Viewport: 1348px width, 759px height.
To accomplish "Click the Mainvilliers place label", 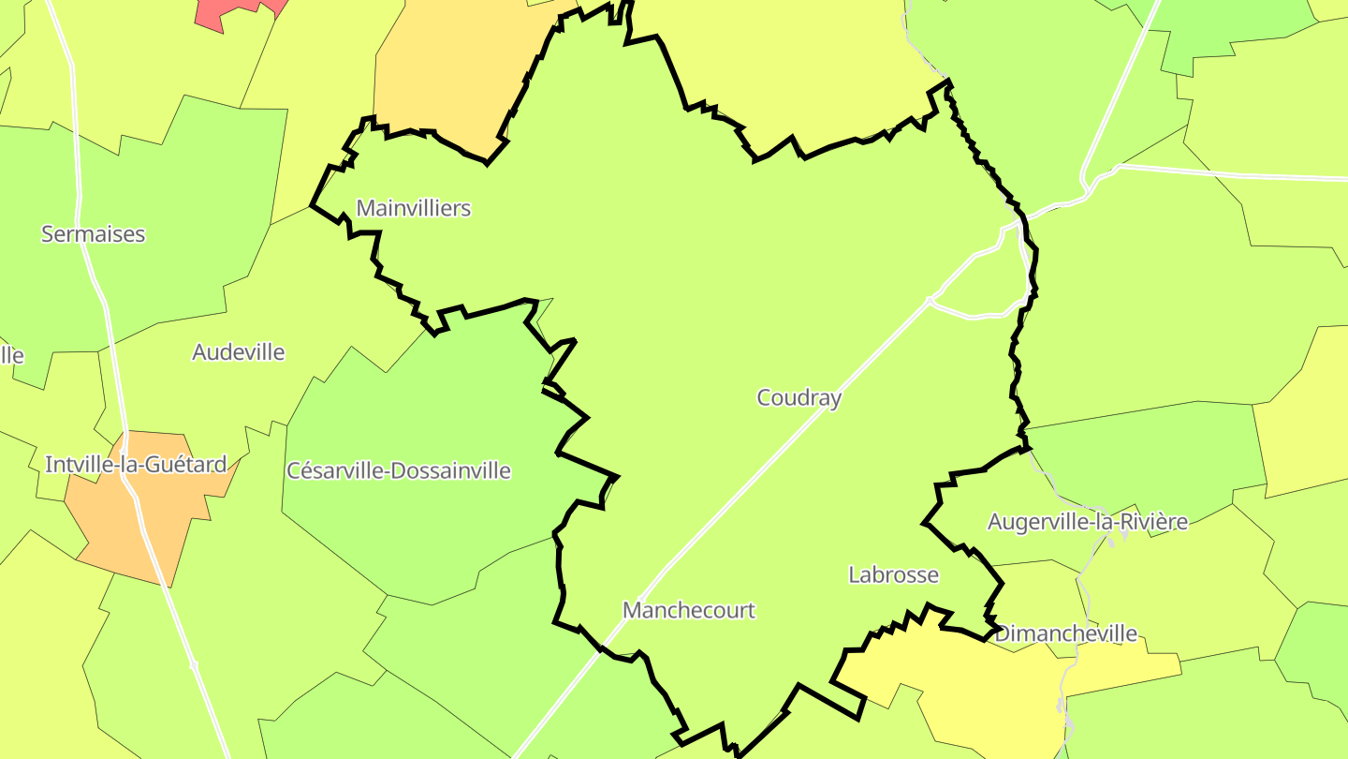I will pos(414,208).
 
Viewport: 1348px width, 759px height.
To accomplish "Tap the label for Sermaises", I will pos(94,234).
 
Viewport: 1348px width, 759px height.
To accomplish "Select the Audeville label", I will pos(238,352).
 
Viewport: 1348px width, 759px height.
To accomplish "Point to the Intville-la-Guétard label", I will pos(136,464).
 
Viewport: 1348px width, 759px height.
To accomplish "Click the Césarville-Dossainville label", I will pos(399,470).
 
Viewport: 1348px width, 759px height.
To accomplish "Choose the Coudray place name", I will pos(799,398).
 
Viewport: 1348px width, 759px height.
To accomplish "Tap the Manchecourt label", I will pos(688,611).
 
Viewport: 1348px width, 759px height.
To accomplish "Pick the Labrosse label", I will pos(893,574).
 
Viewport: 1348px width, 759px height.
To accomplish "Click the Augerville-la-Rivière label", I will pos(1088,522).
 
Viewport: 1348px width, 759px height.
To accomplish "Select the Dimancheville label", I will pos(1065,634).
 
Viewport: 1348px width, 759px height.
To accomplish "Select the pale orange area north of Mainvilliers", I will pos(449,75).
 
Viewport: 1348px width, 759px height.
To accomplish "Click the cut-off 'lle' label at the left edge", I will pos(11,356).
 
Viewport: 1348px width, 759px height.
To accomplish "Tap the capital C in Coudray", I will pos(764,398).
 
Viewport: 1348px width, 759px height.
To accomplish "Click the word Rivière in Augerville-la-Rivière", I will pos(1154,522).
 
